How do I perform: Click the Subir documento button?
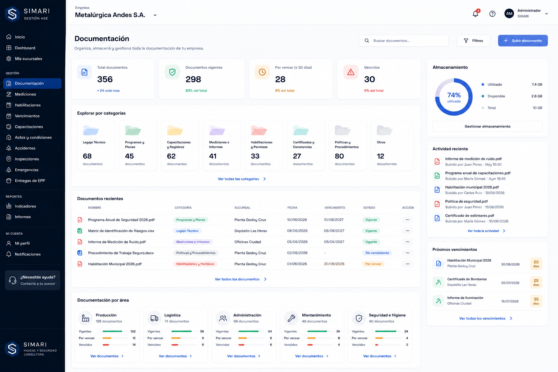(523, 41)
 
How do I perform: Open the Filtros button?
(473, 41)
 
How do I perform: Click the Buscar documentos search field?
(404, 41)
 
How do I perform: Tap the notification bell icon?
(476, 13)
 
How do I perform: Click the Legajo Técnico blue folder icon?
(91, 130)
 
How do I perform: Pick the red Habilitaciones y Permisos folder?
(259, 130)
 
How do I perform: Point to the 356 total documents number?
(105, 79)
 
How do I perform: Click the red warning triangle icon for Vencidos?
(351, 72)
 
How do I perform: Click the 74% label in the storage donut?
(454, 95)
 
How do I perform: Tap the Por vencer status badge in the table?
(373, 264)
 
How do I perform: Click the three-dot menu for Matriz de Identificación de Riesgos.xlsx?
(408, 231)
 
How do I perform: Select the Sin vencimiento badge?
(377, 253)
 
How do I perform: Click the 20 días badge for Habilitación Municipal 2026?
(536, 264)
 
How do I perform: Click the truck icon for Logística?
(154, 318)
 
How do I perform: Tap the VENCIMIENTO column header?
(335, 207)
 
